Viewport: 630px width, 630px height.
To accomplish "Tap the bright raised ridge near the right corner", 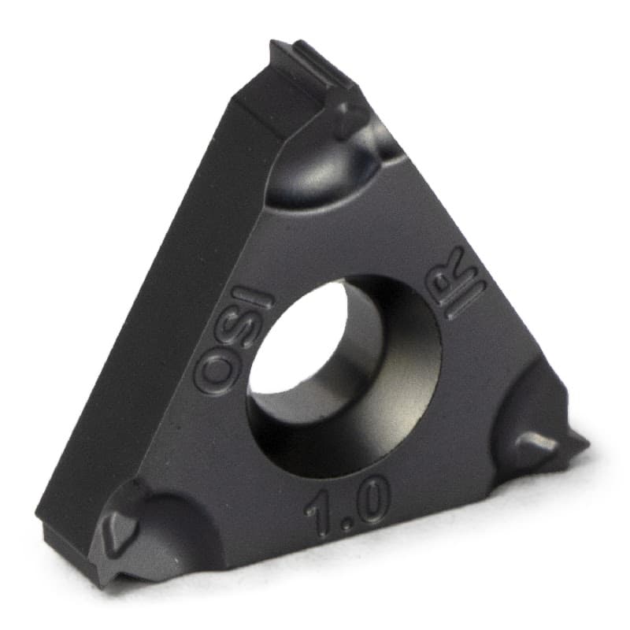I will pyautogui.click(x=540, y=442).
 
